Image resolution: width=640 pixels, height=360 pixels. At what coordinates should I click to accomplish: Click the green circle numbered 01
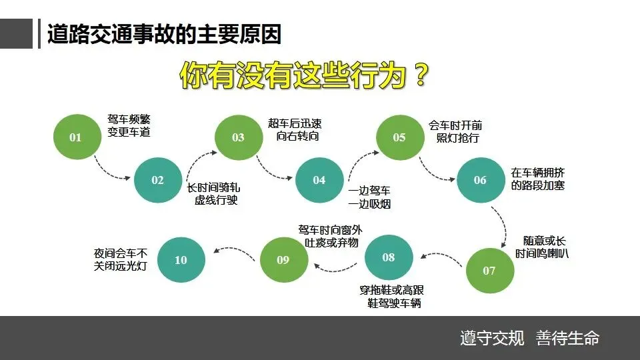coord(75,137)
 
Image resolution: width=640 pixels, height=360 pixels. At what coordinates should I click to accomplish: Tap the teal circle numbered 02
coord(158,180)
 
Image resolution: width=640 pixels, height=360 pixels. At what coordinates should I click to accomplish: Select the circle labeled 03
coord(239,137)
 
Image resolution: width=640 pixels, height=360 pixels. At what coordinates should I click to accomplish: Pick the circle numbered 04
coord(319,180)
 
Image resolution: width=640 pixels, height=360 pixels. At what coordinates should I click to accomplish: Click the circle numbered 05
coord(399,137)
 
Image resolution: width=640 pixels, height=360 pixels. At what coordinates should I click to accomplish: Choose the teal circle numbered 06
coord(480,180)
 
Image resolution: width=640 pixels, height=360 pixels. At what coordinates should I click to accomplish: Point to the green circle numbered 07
coord(489,270)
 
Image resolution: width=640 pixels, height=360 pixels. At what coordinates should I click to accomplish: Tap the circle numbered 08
coord(389,257)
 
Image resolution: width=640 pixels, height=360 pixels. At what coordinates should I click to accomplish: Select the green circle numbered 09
coord(283,260)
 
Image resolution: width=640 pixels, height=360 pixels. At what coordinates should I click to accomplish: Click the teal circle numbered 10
coord(181,260)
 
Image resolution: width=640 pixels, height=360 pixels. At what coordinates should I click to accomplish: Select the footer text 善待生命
coord(567,338)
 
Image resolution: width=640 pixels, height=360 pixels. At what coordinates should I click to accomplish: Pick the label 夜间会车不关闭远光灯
coord(121,260)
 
